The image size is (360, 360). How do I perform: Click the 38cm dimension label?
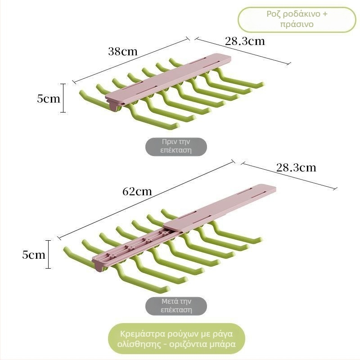click(x=123, y=51)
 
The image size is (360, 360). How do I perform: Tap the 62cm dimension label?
click(x=137, y=192)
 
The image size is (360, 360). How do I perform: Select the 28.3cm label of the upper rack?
click(x=245, y=41)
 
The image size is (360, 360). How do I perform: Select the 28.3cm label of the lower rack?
click(x=296, y=167)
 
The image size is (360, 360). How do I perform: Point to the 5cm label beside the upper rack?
click(x=49, y=99)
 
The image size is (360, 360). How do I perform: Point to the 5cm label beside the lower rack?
click(x=34, y=255)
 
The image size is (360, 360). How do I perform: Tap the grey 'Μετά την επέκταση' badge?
click(x=176, y=306)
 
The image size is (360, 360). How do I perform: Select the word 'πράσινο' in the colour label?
click(x=297, y=24)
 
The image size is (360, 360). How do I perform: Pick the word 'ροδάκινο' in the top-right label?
click(x=301, y=14)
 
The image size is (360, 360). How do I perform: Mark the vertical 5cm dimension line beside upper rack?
click(x=63, y=98)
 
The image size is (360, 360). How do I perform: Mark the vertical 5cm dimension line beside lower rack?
click(x=48, y=254)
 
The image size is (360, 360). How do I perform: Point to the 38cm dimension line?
click(x=131, y=60)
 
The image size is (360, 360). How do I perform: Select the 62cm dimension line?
click(x=146, y=199)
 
